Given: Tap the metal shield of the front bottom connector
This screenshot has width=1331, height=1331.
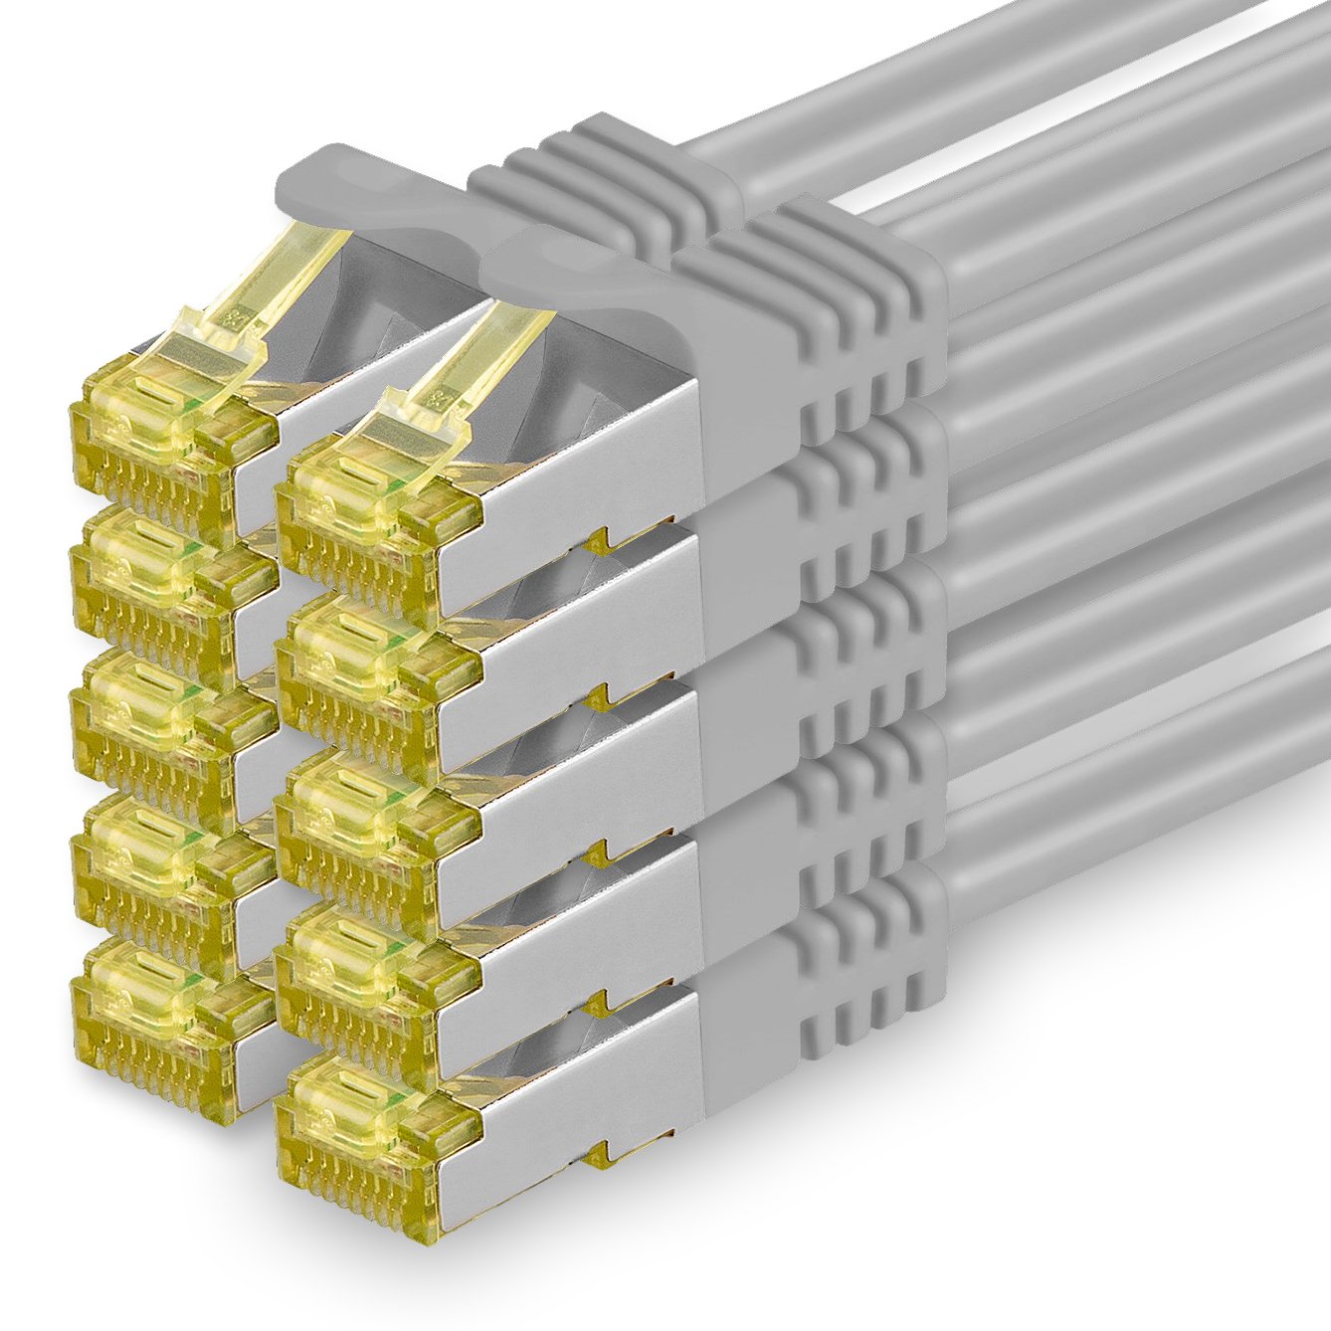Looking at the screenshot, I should click(587, 1104).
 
